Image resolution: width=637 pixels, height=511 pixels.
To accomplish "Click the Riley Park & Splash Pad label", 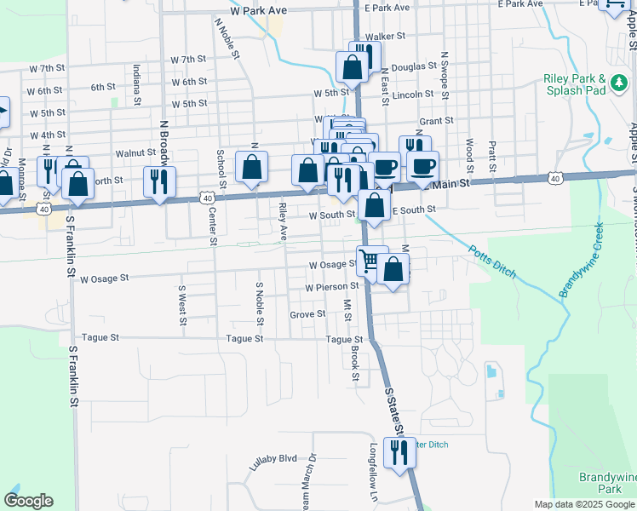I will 574,83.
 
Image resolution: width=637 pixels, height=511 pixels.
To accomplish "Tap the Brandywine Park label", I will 607,483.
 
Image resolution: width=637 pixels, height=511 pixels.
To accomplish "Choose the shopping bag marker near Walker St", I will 352,64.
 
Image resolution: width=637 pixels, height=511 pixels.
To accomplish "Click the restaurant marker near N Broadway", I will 158,181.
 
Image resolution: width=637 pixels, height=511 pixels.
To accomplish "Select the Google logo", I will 28,501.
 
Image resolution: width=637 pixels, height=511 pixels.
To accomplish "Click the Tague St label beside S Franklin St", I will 102,337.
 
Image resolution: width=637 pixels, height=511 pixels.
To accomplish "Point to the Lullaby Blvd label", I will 273,461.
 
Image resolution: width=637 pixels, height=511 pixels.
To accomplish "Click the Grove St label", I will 307,314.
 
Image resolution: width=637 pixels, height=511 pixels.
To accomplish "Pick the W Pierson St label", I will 333,288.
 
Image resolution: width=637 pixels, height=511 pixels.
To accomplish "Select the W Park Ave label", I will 263,11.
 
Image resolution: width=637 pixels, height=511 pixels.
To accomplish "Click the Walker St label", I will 383,37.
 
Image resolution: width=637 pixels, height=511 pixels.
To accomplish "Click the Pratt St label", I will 492,153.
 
